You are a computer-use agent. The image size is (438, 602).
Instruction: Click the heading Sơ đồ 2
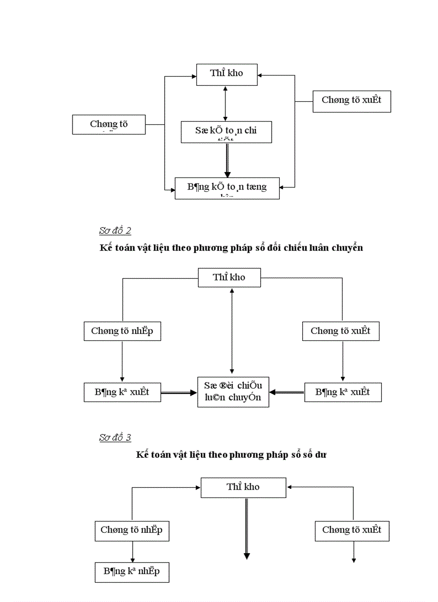coord(115,231)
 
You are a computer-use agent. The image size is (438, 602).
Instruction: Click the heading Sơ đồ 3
coord(115,437)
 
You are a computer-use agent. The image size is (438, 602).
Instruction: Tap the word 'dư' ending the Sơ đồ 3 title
coord(320,455)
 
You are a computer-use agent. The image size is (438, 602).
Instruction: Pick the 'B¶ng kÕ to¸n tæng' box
coord(227,188)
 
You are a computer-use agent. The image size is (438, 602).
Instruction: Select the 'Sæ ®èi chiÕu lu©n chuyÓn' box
coord(233,391)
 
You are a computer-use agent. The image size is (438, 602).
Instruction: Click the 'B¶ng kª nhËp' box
coord(132,571)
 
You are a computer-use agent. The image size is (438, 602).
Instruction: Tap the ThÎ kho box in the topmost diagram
coord(227,73)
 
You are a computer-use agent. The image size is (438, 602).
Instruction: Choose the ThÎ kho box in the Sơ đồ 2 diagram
coord(229,278)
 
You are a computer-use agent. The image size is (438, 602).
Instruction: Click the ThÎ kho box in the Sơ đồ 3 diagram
coord(243,487)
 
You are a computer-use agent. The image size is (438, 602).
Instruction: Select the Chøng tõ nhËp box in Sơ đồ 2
coord(122,331)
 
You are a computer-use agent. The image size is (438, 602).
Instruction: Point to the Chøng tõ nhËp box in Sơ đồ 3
coord(132,530)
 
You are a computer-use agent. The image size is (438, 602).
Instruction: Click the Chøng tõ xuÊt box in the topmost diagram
coord(352,100)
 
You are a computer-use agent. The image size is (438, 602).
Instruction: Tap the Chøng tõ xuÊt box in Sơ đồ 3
coord(352,530)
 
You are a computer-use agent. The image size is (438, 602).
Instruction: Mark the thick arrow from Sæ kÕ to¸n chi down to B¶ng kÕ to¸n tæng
coord(227,160)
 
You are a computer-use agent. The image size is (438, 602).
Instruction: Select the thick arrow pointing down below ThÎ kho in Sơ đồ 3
coord(246,528)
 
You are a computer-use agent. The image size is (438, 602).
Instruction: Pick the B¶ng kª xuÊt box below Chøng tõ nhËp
coord(122,392)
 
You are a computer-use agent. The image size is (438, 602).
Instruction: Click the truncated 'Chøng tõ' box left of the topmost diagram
coord(109,124)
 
